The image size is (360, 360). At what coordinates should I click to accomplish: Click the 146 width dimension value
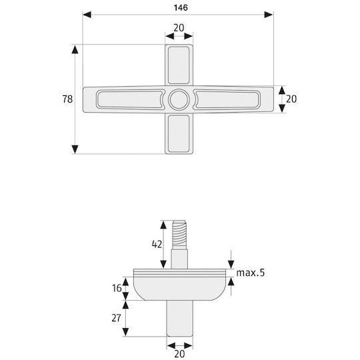point(181,8)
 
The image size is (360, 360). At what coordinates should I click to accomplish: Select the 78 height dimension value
point(67,99)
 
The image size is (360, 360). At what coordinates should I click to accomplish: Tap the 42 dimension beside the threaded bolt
point(157,244)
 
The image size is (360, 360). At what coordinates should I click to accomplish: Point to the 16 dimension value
point(117,288)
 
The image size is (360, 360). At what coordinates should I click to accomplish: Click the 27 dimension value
point(116,318)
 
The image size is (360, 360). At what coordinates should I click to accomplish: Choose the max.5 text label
point(251,273)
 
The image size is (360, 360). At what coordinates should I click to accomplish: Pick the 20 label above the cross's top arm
point(179,28)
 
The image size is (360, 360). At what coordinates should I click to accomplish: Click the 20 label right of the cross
point(291,99)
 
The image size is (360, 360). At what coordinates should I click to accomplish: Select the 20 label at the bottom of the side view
point(179,354)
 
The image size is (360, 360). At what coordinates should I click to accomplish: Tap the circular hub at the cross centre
point(179,99)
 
